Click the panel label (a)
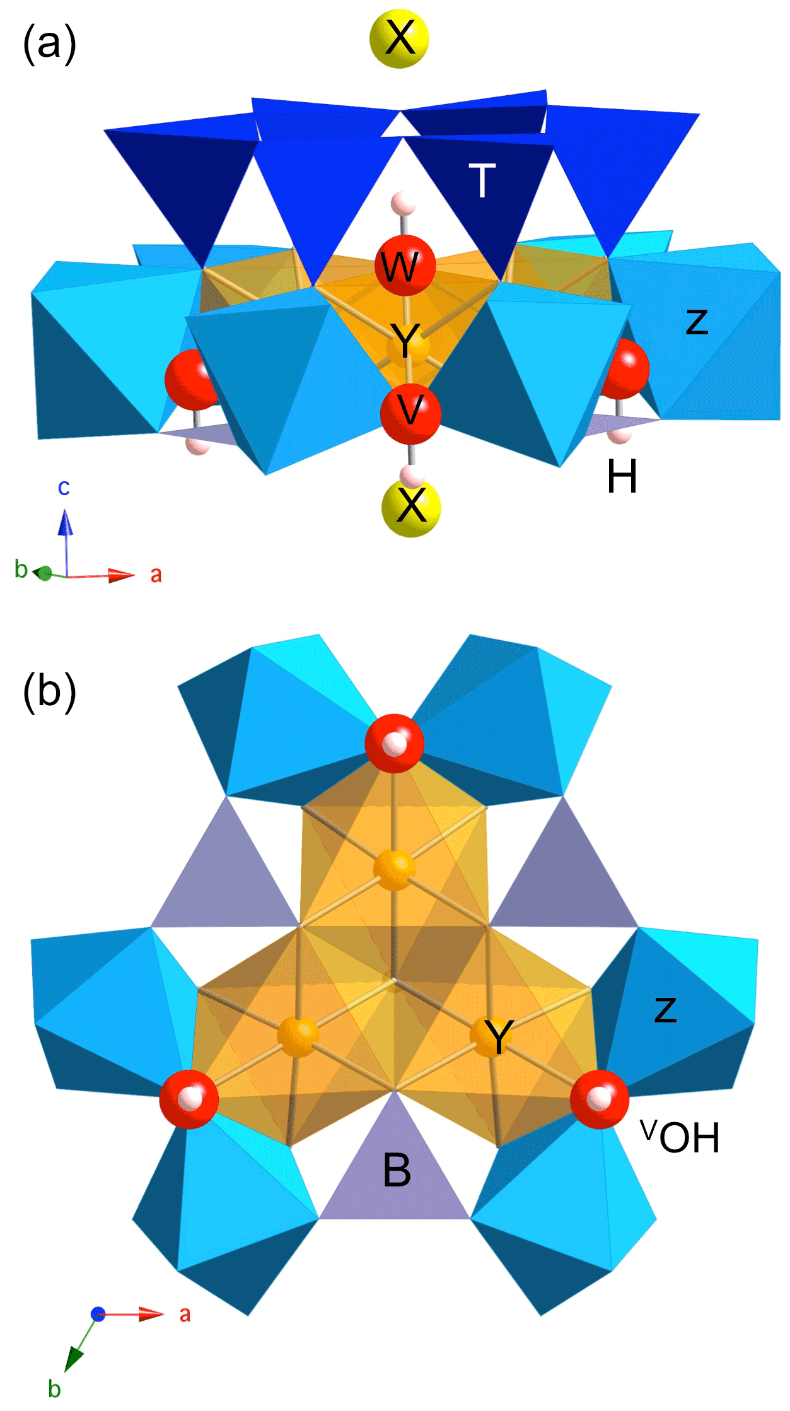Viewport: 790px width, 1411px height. click(x=49, y=44)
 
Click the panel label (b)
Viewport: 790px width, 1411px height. click(x=49, y=692)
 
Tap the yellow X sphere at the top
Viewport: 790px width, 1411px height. click(x=399, y=38)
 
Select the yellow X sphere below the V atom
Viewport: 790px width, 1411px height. click(x=411, y=506)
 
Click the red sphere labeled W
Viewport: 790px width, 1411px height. click(x=405, y=266)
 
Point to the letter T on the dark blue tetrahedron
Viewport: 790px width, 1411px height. click(x=482, y=181)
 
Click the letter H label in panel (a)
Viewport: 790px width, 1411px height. click(x=622, y=477)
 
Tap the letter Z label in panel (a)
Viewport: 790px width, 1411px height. click(x=697, y=322)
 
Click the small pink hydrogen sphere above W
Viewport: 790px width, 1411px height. click(x=402, y=204)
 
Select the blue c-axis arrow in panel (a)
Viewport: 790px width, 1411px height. click(x=65, y=530)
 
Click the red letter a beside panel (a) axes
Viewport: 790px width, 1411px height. click(x=156, y=575)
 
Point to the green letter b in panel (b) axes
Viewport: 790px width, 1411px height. click(x=54, y=1388)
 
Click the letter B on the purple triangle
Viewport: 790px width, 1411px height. click(x=397, y=1170)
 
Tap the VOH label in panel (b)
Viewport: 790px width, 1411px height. click(x=680, y=1137)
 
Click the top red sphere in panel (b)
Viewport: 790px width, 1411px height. click(x=395, y=744)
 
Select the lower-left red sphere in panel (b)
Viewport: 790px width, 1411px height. click(x=189, y=1099)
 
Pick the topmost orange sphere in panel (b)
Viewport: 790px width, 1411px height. click(x=394, y=869)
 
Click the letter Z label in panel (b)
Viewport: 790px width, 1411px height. click(x=665, y=1009)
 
